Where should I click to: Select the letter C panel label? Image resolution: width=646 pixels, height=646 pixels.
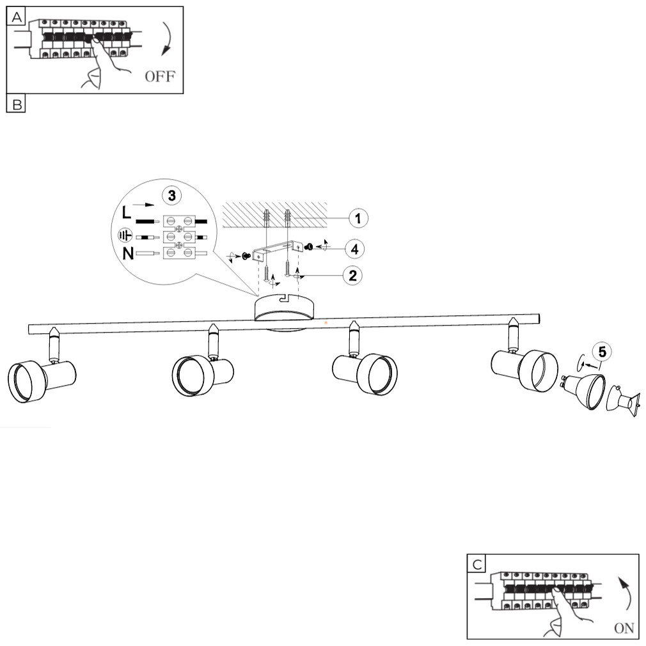click(x=476, y=563)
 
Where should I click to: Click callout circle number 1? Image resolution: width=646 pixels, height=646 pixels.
click(x=358, y=218)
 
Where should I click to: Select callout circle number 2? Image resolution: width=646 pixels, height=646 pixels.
click(x=351, y=276)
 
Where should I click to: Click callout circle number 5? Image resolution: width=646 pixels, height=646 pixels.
click(x=601, y=351)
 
